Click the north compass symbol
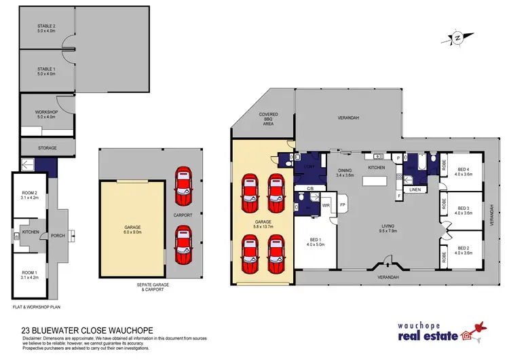456,38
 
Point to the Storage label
46,147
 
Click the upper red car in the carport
183,185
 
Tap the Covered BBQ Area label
263,120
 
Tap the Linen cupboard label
416,190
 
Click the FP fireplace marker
343,204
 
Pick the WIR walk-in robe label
325,204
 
